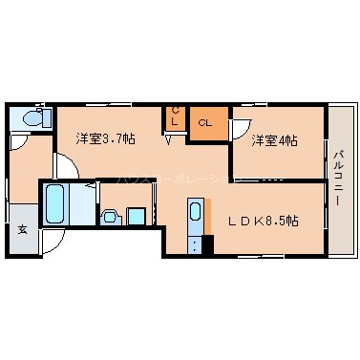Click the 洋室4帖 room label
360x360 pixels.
pyautogui.click(x=274, y=141)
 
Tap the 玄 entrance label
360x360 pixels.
pyautogui.click(x=21, y=229)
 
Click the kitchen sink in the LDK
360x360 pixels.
pyautogui.click(x=196, y=212)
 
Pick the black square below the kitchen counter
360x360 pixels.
pyautogui.click(x=207, y=243)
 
